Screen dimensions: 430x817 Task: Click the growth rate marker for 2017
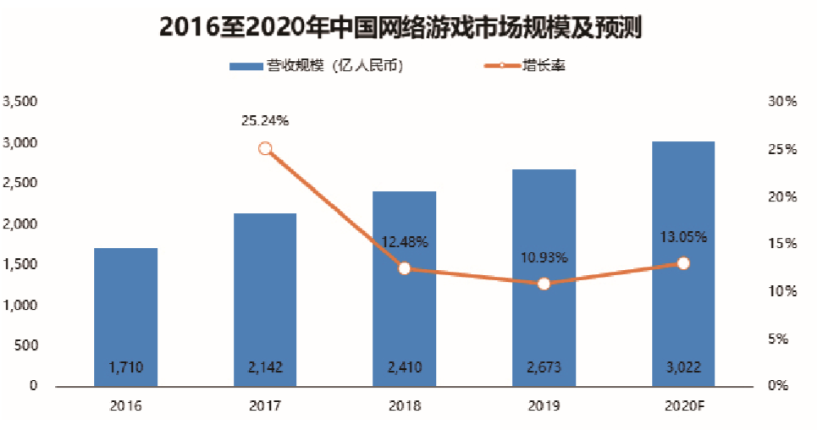[265, 149]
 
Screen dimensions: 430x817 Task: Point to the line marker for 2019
[544, 284]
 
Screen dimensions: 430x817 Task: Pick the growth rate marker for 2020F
[683, 263]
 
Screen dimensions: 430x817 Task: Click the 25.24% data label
[265, 121]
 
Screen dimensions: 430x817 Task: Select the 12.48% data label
[405, 243]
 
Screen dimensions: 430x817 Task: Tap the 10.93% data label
[544, 257]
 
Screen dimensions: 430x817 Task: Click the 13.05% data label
[683, 237]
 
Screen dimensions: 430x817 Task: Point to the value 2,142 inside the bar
[265, 367]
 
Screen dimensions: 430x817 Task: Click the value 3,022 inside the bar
[683, 367]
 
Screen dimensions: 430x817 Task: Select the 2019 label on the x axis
[544, 405]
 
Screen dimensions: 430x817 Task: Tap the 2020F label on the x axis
[683, 405]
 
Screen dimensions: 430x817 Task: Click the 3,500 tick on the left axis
[22, 102]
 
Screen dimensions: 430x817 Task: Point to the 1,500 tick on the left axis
[22, 264]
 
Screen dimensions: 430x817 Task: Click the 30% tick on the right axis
[782, 102]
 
